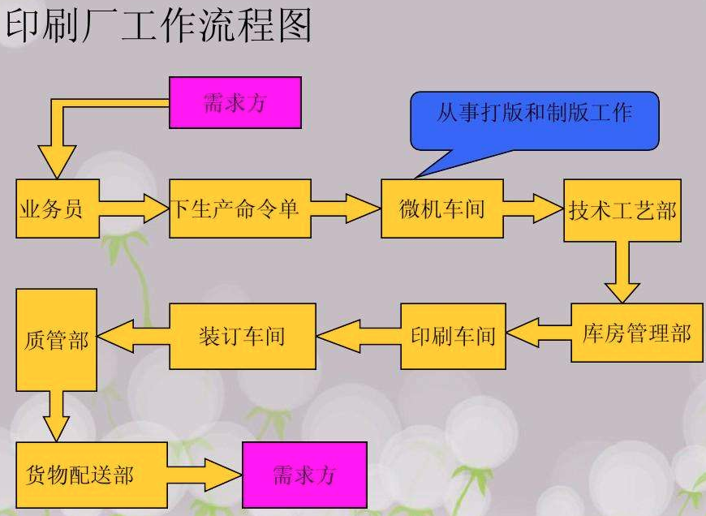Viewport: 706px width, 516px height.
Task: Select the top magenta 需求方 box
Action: [x=235, y=102]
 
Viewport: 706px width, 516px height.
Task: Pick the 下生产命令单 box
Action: [x=239, y=209]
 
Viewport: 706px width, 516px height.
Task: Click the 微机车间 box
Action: [x=442, y=209]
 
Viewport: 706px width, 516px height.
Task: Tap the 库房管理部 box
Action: [x=636, y=333]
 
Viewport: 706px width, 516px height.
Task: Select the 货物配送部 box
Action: [x=91, y=475]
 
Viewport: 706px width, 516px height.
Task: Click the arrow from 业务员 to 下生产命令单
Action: [x=134, y=208]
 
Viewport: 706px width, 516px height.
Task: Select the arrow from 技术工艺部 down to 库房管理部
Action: [x=622, y=272]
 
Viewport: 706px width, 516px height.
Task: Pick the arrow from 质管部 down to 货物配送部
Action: [x=56, y=415]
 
